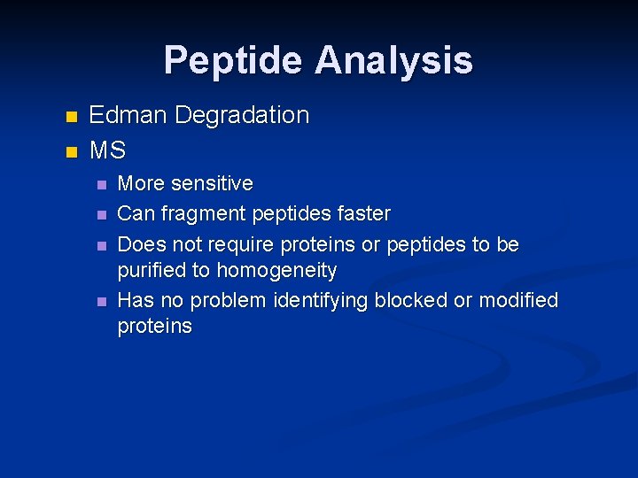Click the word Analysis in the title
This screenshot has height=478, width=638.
pos(393,61)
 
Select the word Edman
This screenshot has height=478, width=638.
pos(128,115)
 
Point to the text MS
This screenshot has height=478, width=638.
pos(107,150)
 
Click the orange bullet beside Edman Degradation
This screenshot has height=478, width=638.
pos(73,117)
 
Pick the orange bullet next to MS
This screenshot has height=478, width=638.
pos(73,152)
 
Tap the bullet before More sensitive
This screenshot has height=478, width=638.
pos(102,185)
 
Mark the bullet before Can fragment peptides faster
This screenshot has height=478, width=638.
pos(102,215)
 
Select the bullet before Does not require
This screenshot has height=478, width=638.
pos(102,245)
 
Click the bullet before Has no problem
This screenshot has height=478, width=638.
pos(102,302)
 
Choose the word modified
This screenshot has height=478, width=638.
pos(518,301)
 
